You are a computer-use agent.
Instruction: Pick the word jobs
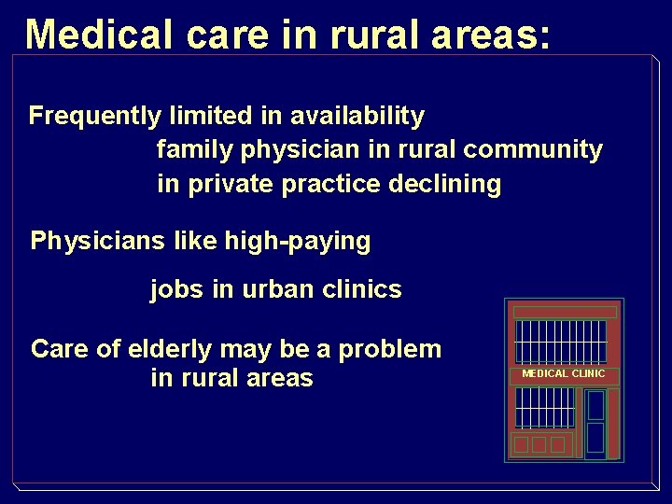(x=176, y=289)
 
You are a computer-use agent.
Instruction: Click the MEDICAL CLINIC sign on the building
(x=563, y=373)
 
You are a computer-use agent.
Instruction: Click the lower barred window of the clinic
(x=545, y=407)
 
